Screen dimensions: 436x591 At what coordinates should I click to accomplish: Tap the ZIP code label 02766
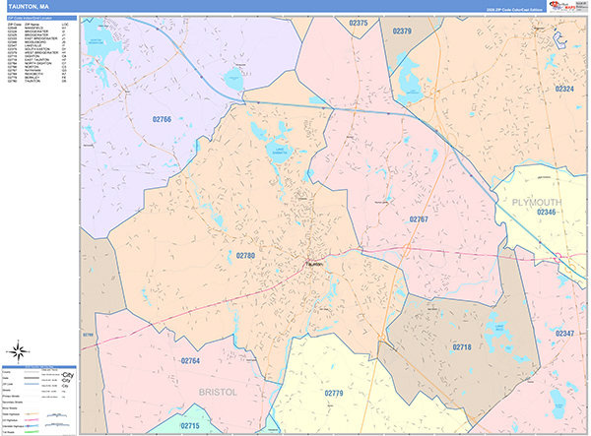(162, 119)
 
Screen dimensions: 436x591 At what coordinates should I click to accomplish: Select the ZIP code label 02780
(245, 255)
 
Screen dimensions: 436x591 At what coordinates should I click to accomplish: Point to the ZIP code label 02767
(419, 218)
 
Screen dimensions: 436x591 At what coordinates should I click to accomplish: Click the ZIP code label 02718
(461, 347)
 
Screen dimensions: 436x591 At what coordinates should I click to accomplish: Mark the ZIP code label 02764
(190, 361)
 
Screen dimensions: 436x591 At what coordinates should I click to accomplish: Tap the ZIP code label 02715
(189, 425)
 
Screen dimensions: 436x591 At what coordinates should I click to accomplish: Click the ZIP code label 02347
(563, 333)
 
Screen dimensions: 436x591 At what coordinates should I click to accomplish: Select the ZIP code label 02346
(546, 212)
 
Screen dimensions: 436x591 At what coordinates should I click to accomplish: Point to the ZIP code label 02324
(563, 89)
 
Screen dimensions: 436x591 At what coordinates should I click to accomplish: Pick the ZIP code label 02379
(402, 31)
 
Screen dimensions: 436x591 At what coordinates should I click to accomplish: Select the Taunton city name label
(314, 263)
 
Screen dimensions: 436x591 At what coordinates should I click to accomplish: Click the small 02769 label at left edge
(87, 335)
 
